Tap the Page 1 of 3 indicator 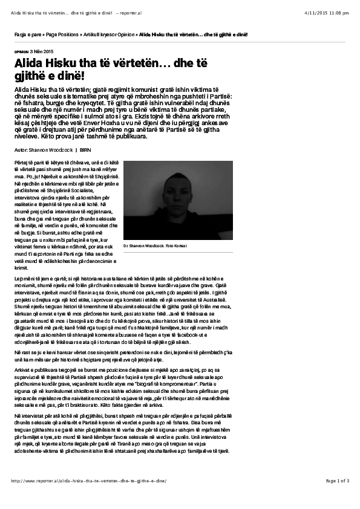338,481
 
